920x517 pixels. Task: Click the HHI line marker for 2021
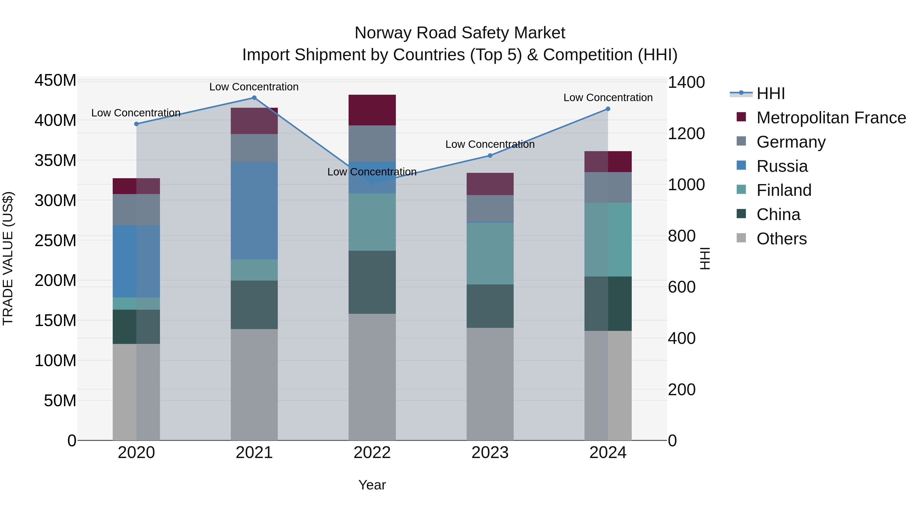(x=254, y=98)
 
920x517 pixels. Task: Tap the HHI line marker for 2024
(x=608, y=109)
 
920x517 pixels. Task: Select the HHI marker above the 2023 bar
(x=490, y=155)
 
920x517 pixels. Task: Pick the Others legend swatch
(x=741, y=238)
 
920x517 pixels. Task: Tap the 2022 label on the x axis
(x=372, y=453)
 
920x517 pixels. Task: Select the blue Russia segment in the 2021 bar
(x=254, y=211)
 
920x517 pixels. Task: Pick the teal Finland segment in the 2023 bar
(x=490, y=253)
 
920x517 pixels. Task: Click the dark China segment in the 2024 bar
(x=608, y=303)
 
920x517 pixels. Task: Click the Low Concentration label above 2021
(x=254, y=87)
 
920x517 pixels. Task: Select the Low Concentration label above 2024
(x=608, y=98)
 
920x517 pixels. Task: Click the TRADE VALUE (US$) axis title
(x=8, y=258)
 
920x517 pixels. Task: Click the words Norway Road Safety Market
(x=460, y=33)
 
